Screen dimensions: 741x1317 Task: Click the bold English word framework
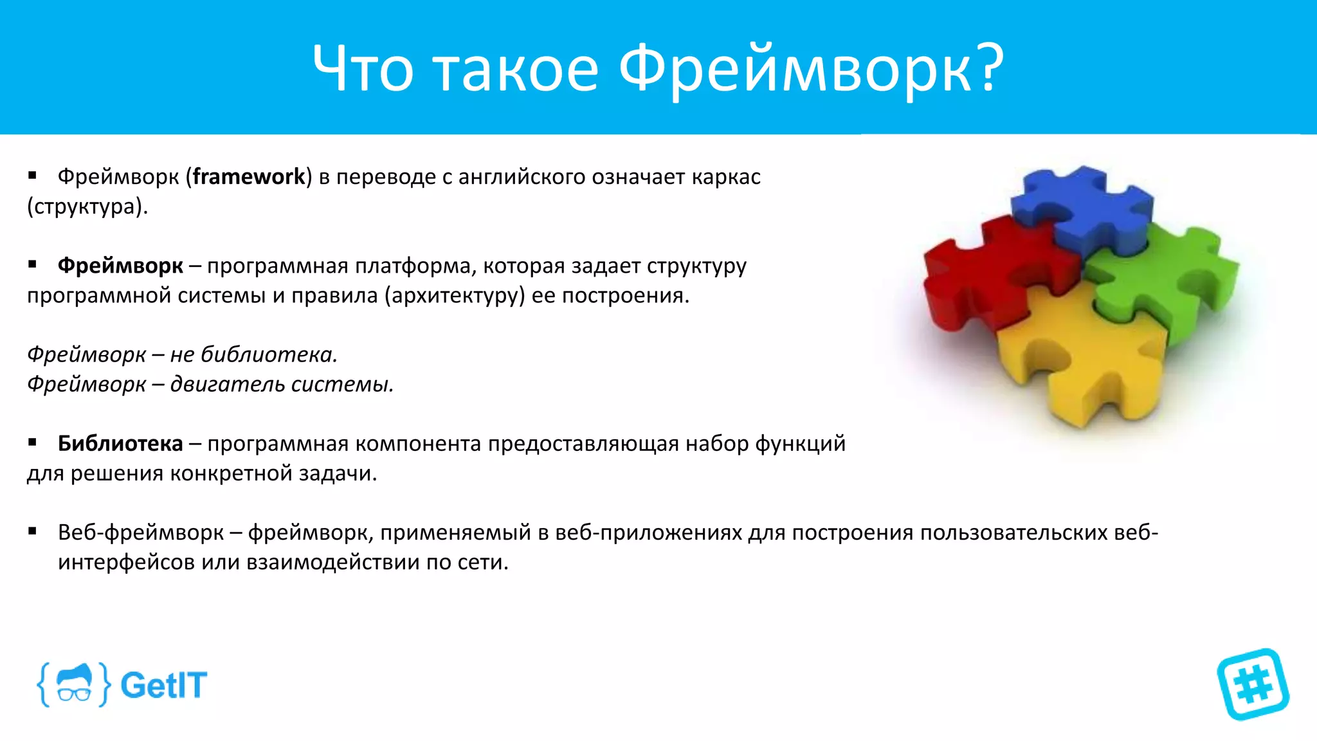click(249, 176)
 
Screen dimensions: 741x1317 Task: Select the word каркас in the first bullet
click(726, 176)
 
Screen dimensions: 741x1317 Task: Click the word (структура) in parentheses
click(87, 206)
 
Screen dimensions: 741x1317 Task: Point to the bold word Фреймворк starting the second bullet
click(120, 265)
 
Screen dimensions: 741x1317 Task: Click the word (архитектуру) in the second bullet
click(455, 295)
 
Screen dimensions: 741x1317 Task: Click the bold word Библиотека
click(120, 443)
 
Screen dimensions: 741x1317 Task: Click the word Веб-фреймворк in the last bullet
click(141, 533)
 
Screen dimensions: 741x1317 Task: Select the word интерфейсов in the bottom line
click(126, 562)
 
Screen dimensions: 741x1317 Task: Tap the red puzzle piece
click(984, 270)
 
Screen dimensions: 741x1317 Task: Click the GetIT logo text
click(163, 685)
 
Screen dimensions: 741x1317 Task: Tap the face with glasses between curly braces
click(74, 684)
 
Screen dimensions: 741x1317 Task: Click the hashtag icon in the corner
click(1253, 684)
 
